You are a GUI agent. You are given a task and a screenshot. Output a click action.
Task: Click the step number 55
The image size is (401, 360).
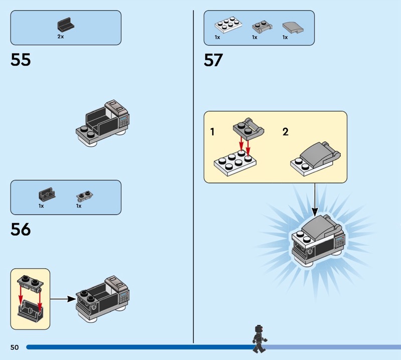[x=21, y=60]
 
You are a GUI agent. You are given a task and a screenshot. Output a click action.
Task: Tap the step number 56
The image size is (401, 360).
[x=21, y=229]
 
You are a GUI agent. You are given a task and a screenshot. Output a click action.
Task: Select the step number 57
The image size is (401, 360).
[x=214, y=60]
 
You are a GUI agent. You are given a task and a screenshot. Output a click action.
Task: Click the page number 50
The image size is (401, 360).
[x=15, y=347]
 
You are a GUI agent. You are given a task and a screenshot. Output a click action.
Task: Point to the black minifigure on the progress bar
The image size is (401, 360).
[x=259, y=339]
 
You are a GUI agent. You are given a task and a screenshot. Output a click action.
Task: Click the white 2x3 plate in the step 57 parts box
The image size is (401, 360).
[x=229, y=25]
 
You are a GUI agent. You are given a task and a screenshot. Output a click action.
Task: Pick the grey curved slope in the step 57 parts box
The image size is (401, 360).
[x=293, y=28]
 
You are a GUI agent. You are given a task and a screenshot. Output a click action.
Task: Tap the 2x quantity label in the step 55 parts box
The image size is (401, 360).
[x=61, y=37]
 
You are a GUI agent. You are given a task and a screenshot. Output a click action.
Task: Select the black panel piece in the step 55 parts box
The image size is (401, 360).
[x=66, y=24]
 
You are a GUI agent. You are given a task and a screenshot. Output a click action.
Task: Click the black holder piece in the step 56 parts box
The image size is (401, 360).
[x=47, y=194]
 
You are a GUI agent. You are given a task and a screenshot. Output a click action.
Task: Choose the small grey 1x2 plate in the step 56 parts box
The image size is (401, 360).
[x=84, y=196]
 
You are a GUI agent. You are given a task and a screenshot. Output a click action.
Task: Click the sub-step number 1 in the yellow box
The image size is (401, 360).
[x=212, y=132]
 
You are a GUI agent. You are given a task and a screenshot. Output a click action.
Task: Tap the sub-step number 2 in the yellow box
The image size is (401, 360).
[x=285, y=132]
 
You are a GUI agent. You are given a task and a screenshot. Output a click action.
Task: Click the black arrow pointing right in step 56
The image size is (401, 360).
[x=63, y=299]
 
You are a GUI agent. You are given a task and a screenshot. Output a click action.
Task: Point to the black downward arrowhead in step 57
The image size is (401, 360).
[x=315, y=212]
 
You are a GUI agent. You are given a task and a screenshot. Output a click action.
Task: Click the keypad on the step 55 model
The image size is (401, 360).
[x=124, y=121]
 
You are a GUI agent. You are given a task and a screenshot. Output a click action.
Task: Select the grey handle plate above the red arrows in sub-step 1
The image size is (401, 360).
[x=248, y=129]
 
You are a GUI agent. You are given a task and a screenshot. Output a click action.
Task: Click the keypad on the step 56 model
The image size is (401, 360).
[x=124, y=297]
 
